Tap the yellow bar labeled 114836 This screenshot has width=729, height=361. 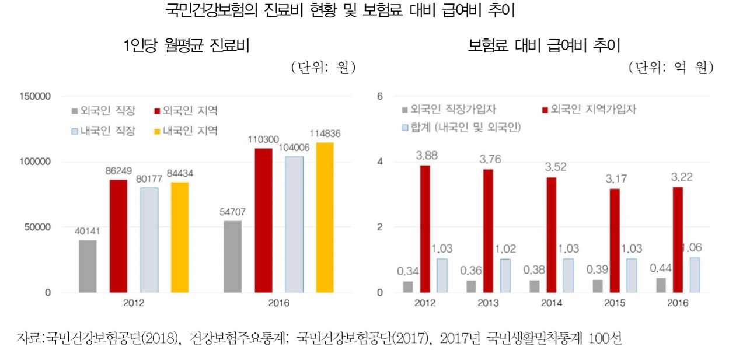[x=325, y=217]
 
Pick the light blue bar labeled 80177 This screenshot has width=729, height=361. [x=149, y=240]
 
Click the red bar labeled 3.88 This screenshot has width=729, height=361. [x=426, y=229]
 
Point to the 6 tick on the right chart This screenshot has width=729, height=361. [x=380, y=96]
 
